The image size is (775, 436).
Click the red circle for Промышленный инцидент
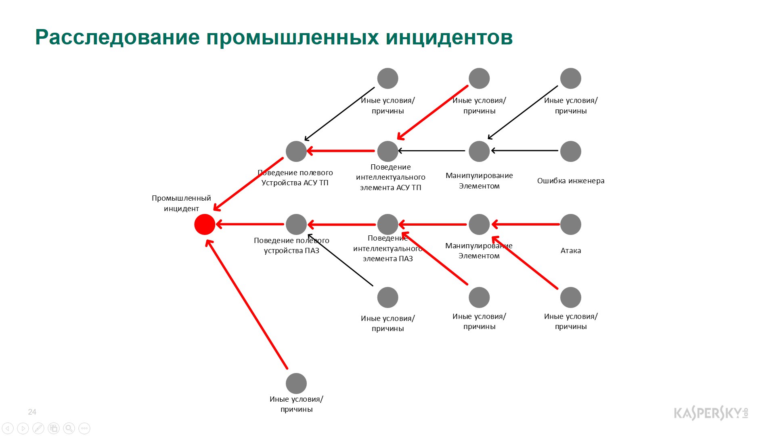[x=205, y=224]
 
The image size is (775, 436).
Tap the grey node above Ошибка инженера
[x=571, y=151]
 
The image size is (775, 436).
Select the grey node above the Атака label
[x=571, y=224]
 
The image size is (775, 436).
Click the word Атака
[x=571, y=251]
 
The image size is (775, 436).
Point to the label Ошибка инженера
[x=571, y=181]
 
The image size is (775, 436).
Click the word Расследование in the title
[x=117, y=38]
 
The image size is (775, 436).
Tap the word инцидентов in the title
[x=449, y=38]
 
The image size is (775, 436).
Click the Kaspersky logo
[x=711, y=413]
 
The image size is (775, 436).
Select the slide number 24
[x=32, y=412]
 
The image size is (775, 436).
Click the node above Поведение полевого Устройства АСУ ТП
[x=296, y=151]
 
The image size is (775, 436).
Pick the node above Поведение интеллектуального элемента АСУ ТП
[x=388, y=151]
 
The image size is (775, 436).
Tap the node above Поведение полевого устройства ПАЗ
[x=296, y=224]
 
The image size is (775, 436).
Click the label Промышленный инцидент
[x=181, y=203]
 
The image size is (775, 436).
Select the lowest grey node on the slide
[x=296, y=384]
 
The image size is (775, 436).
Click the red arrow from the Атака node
[x=526, y=224]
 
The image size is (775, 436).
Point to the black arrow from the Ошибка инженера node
[x=525, y=151]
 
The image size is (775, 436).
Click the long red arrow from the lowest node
[x=247, y=304]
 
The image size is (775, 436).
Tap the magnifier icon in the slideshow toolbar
[x=69, y=428]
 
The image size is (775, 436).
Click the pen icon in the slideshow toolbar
[x=38, y=428]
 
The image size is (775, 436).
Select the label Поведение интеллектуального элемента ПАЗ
[x=388, y=248]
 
